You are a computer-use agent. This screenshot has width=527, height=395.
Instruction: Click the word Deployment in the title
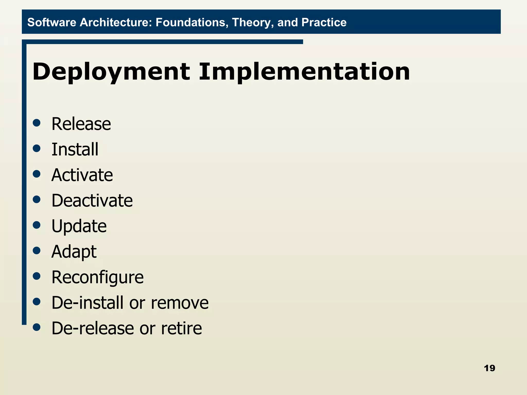[111, 72]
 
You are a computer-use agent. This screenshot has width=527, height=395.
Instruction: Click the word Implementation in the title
[304, 72]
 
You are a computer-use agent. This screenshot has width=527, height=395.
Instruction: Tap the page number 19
[489, 368]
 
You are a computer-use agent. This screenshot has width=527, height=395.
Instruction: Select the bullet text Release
[81, 124]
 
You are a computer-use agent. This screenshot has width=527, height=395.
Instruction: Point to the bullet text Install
[75, 149]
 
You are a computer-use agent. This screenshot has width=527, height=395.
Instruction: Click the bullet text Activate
[82, 175]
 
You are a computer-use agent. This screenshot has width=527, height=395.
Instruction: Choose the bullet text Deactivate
[92, 201]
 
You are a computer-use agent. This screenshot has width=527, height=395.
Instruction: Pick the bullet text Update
[79, 226]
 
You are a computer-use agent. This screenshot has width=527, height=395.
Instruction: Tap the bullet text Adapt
[74, 252]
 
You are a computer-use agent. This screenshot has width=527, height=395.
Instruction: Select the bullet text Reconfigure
[98, 277]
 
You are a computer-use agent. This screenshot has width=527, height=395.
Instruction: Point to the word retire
[181, 328]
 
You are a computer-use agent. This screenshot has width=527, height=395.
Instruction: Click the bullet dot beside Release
[37, 123]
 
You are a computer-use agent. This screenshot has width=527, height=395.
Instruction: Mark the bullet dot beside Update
[37, 225]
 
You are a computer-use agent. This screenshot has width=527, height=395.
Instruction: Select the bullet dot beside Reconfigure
[37, 276]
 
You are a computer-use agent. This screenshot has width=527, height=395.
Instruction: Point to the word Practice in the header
[324, 22]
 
